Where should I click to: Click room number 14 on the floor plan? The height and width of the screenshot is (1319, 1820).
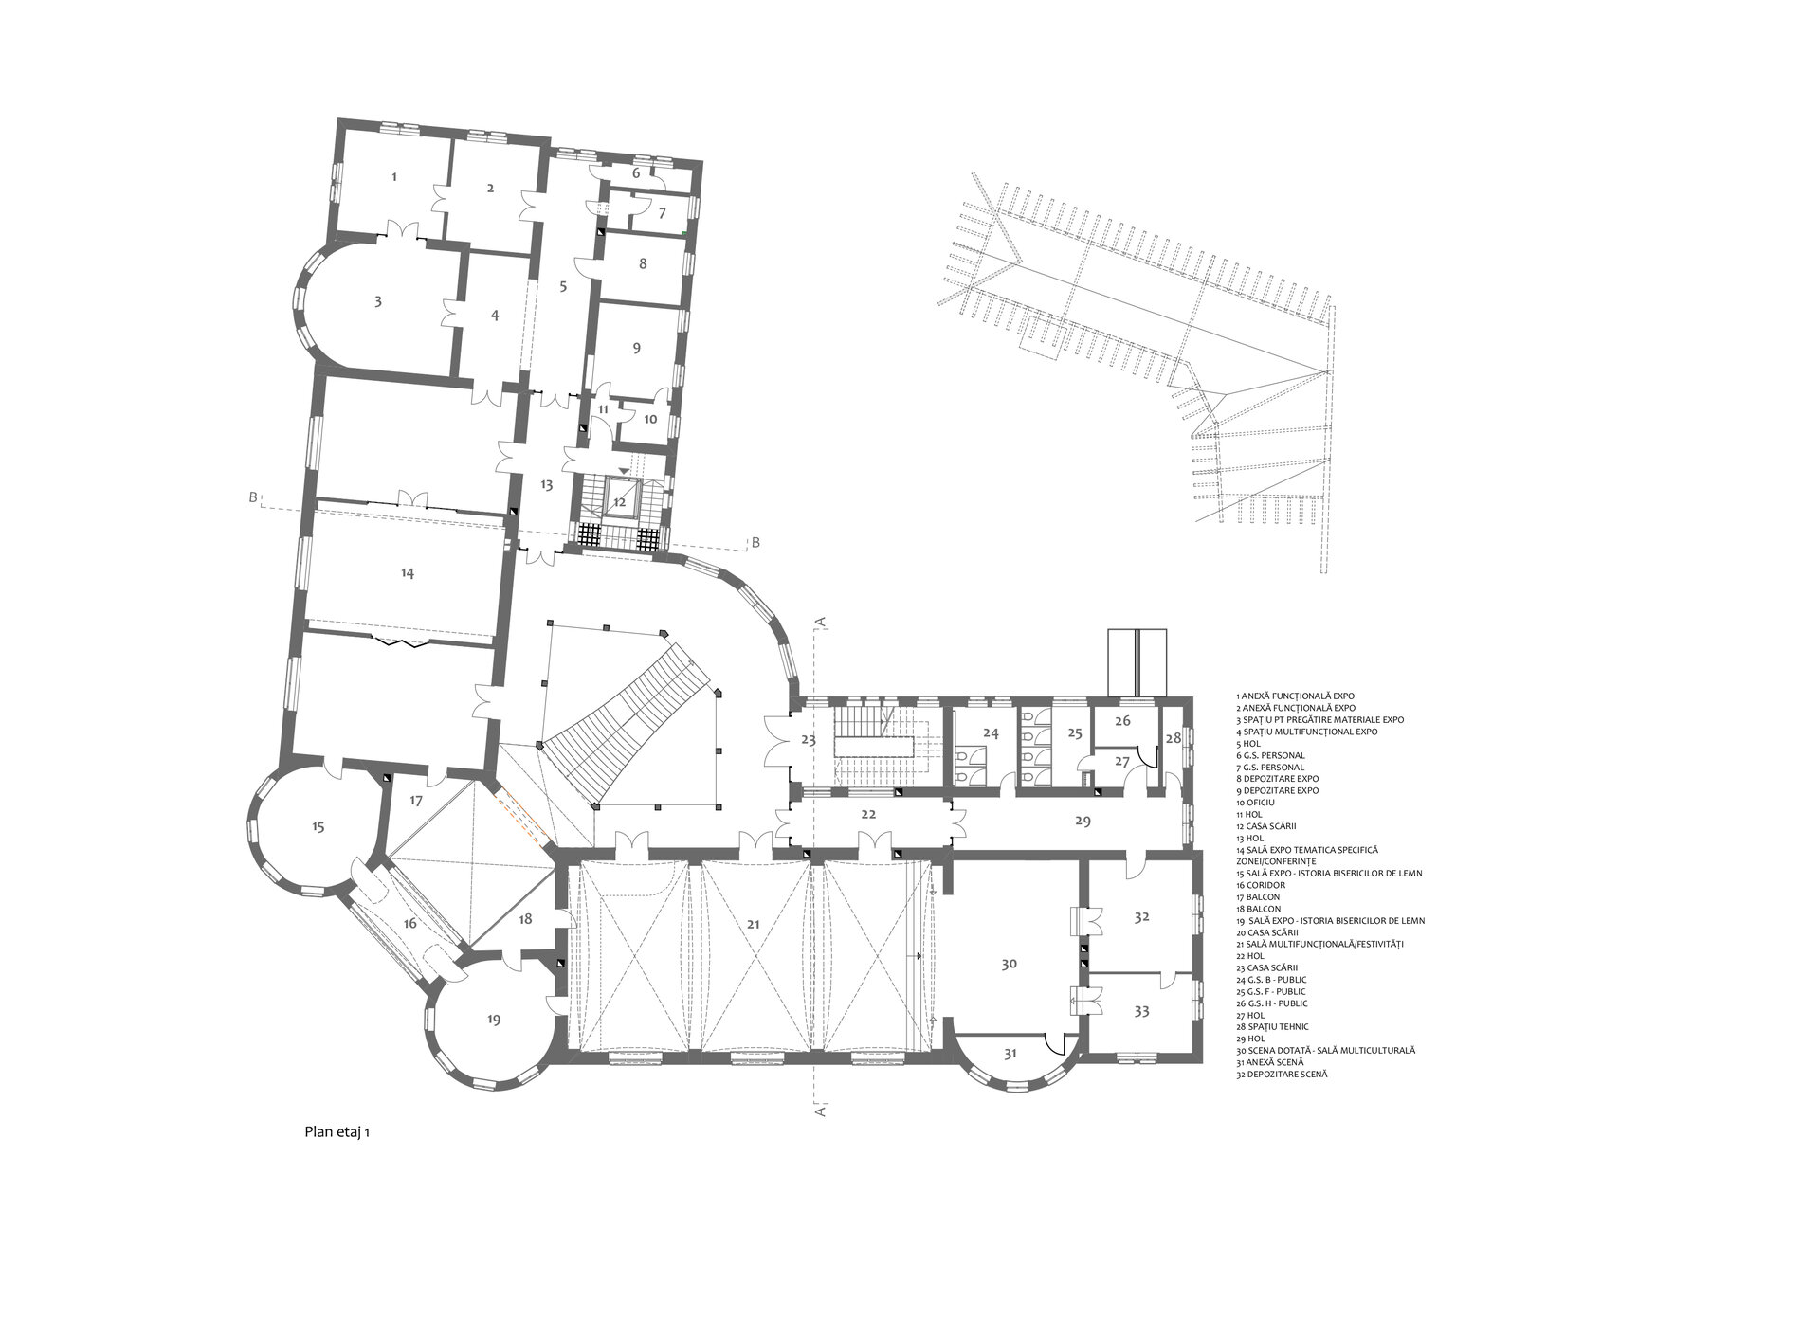pyautogui.click(x=408, y=573)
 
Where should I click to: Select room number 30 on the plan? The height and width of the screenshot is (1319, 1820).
pyautogui.click(x=1010, y=964)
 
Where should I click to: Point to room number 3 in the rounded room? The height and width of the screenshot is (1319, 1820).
pyautogui.click(x=378, y=301)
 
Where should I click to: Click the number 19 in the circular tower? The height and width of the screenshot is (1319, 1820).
pyautogui.click(x=493, y=1020)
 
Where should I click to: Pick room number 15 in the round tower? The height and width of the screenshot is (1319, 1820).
pyautogui.click(x=318, y=827)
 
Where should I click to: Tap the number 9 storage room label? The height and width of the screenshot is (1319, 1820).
pyautogui.click(x=637, y=348)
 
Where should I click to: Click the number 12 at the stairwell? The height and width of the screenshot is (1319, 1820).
pyautogui.click(x=619, y=501)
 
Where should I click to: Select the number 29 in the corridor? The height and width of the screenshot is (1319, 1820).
pyautogui.click(x=1083, y=822)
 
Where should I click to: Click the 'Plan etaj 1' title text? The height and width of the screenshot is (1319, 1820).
pyautogui.click(x=337, y=1131)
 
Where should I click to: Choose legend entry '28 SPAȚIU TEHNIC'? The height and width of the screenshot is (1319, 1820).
pyautogui.click(x=1273, y=1027)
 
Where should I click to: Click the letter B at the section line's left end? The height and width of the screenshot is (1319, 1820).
pyautogui.click(x=253, y=497)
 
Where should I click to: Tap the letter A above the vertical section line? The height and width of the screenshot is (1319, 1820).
pyautogui.click(x=822, y=621)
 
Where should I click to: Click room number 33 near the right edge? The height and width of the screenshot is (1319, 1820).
pyautogui.click(x=1141, y=1012)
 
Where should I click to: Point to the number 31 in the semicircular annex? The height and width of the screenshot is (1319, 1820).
pyautogui.click(x=1010, y=1054)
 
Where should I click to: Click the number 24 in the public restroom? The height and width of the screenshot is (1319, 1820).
pyautogui.click(x=991, y=733)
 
